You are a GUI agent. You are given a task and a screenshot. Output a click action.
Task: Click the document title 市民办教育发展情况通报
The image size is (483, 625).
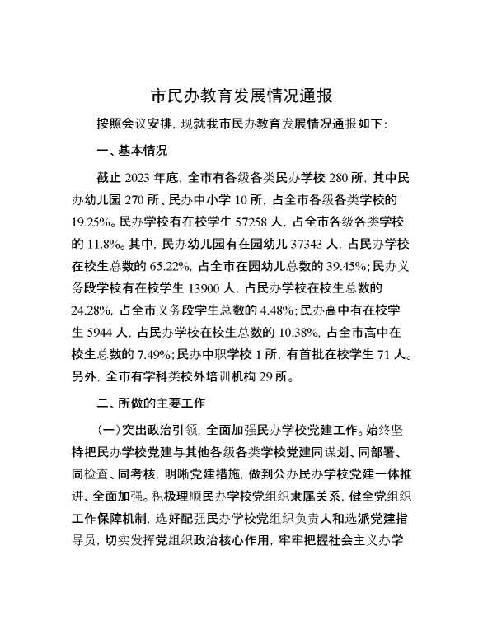point(242,96)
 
